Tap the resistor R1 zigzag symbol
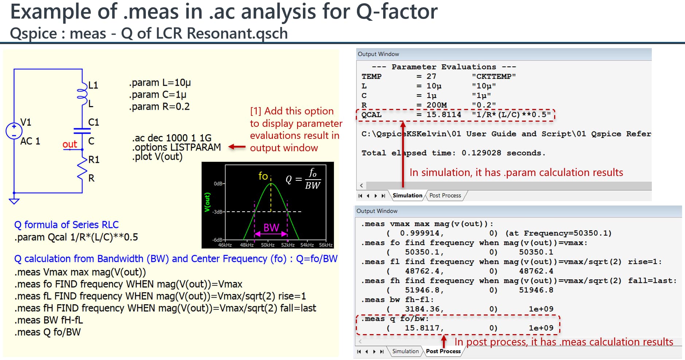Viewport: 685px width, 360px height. pyautogui.click(x=82, y=168)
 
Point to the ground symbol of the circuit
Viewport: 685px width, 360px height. pyautogui.click(x=14, y=201)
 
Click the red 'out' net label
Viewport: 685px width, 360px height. pyautogui.click(x=70, y=144)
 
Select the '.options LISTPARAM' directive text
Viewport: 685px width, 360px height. pyautogui.click(x=176, y=147)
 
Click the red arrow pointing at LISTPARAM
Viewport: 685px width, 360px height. pyautogui.click(x=237, y=147)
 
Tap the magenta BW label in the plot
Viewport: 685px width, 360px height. pyautogui.click(x=271, y=228)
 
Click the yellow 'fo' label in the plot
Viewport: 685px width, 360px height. pyautogui.click(x=263, y=176)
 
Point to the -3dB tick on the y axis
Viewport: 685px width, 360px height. pyautogui.click(x=218, y=212)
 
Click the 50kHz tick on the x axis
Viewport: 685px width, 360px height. pyautogui.click(x=267, y=245)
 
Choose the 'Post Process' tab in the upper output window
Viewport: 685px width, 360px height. pyautogui.click(x=445, y=195)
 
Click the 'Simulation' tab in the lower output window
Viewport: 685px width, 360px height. pyautogui.click(x=405, y=351)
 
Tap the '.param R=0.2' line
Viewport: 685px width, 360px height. pyautogui.click(x=159, y=106)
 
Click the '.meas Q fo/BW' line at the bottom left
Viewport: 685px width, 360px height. pyautogui.click(x=48, y=332)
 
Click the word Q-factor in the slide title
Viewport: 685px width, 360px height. pyautogui.click(x=397, y=12)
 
